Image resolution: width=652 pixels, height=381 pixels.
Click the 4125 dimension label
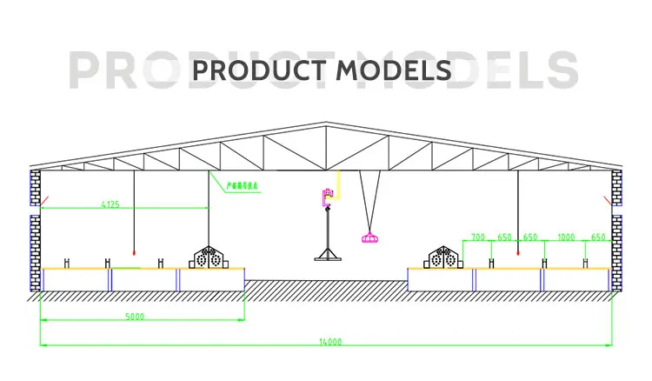110,204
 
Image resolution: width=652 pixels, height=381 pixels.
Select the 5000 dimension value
134,316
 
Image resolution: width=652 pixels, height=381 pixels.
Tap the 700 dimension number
478,237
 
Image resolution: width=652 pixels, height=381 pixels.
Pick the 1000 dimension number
566,237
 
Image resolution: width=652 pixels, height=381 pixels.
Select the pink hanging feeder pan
369,235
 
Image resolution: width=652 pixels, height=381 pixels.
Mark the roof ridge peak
326,124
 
